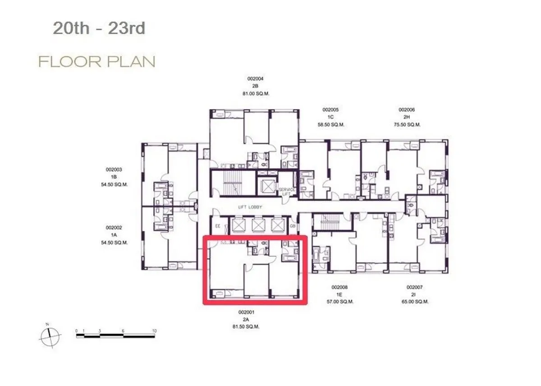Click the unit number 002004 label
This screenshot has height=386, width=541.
coord(255,79)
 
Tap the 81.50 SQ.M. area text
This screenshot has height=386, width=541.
coord(246,327)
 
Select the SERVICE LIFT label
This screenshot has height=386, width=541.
coord(287,192)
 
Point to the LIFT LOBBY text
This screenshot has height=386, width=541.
coord(250,207)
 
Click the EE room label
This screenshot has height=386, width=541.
coord(218,226)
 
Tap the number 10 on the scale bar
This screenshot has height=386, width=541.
coord(154,331)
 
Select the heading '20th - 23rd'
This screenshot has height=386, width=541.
coord(99,28)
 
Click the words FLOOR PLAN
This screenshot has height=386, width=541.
coord(96,62)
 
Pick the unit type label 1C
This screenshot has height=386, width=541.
coord(330,117)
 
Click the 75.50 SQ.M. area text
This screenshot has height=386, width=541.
coord(407,125)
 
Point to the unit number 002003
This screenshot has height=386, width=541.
coord(114,170)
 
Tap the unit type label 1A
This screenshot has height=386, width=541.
coord(114,235)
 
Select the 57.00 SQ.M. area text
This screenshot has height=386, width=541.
coord(340,302)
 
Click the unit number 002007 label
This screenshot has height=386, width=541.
coord(415,287)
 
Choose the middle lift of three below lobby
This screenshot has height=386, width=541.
coord(259,225)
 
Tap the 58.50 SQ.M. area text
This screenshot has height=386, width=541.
coord(330,125)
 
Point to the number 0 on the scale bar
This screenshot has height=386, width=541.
coord(77,331)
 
